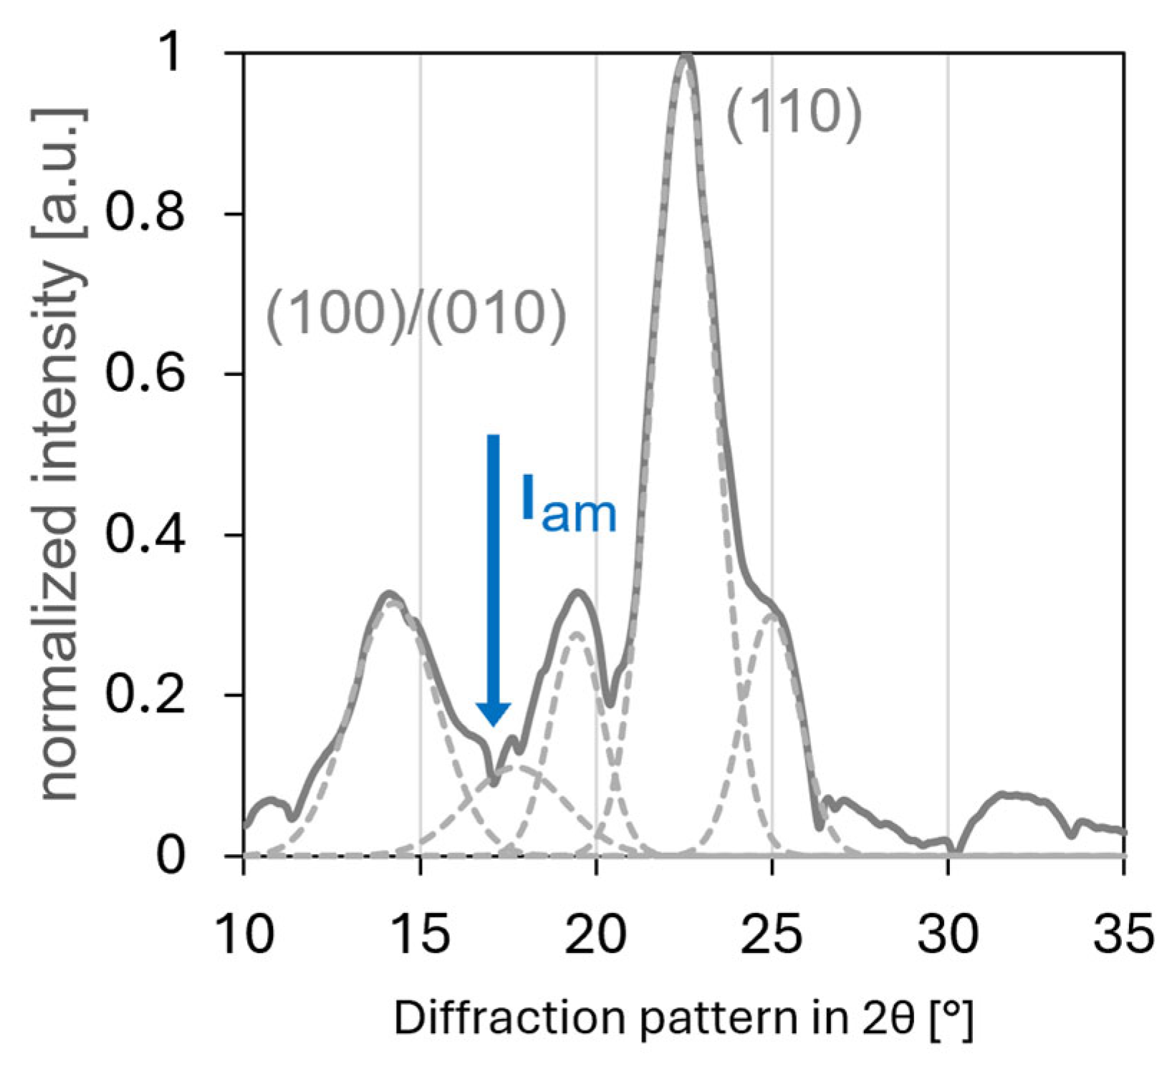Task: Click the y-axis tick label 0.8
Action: pos(143,213)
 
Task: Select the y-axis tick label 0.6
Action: pos(143,373)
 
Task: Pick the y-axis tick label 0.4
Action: pos(143,534)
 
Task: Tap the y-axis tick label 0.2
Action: pos(143,695)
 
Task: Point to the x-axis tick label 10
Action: pos(244,934)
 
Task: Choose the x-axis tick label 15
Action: pos(421,934)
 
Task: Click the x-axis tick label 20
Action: pos(596,934)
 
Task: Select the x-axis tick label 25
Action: pos(772,934)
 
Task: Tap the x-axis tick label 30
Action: pos(948,934)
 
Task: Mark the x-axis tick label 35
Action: pos(1123,934)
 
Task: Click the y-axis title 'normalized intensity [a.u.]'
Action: pos(61,455)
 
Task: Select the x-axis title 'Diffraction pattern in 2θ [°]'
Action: pos(683,1018)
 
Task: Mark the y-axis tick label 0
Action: pos(170,856)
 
